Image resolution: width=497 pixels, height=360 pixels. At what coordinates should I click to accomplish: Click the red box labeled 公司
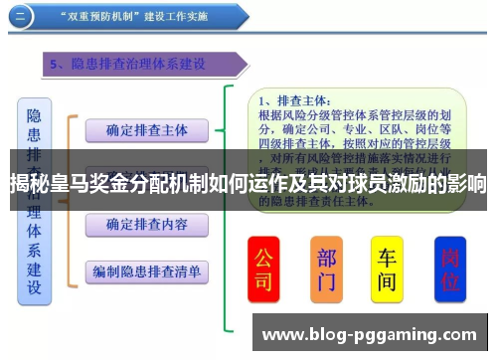click(x=263, y=268)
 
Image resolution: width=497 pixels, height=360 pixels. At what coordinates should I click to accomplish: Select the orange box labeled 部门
click(x=326, y=268)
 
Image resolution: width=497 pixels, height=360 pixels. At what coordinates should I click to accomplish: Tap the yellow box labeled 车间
click(x=387, y=268)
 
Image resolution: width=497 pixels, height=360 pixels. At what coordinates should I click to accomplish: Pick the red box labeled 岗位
click(x=451, y=268)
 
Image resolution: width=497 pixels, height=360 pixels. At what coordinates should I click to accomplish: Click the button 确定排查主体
click(x=146, y=129)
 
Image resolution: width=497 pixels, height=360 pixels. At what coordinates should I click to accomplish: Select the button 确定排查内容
click(x=146, y=223)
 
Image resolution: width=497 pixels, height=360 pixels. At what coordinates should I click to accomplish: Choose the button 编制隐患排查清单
click(x=146, y=270)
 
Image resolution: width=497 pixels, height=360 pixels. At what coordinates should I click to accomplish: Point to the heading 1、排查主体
click(x=295, y=99)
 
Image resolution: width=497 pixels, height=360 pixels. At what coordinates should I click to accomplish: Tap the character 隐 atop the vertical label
click(x=34, y=116)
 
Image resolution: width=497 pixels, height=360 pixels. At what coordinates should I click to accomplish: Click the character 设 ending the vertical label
click(x=34, y=289)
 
